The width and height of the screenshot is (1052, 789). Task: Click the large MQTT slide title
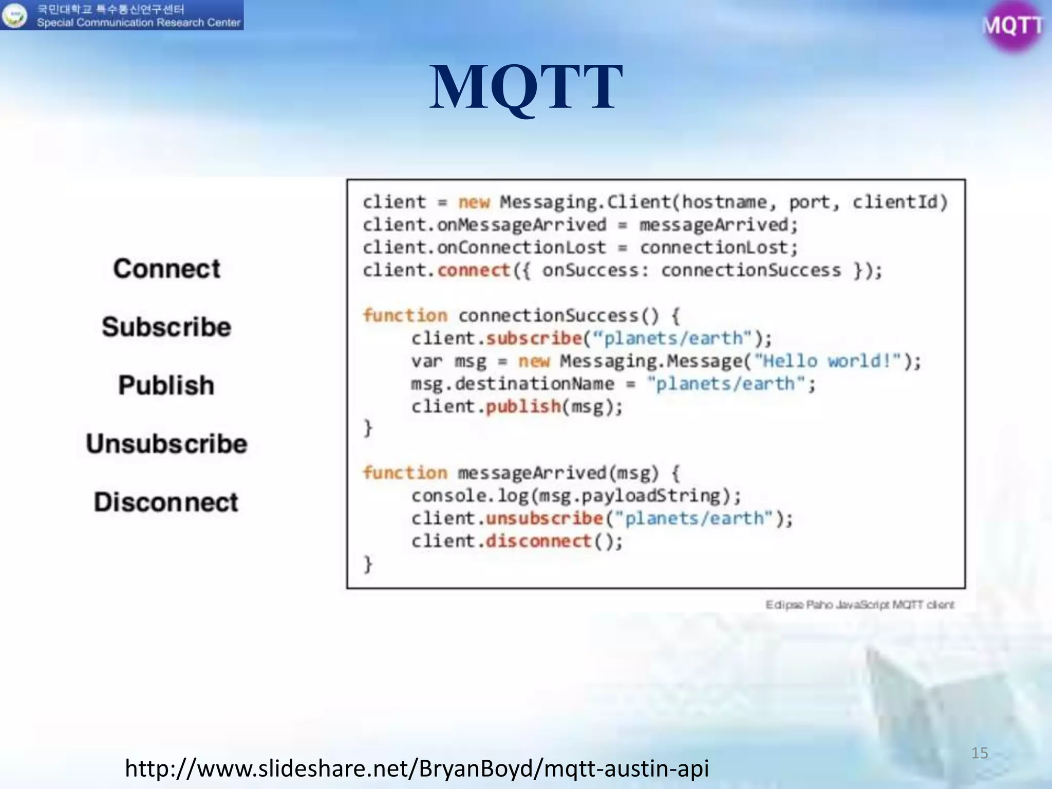526,87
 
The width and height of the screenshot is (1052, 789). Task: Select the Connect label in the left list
167,269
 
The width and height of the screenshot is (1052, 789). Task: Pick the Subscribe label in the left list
166,327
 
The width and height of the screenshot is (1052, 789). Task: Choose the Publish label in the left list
166,385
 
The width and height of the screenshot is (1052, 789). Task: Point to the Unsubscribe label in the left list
166,444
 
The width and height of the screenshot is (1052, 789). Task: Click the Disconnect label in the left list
166,502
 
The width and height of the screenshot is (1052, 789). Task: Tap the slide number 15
980,753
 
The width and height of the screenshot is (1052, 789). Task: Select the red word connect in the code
474,270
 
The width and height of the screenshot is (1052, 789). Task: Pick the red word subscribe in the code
534,339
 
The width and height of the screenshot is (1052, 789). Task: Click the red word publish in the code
523,407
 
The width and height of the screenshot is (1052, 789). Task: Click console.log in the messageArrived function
469,496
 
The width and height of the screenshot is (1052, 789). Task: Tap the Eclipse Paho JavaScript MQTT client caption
859,605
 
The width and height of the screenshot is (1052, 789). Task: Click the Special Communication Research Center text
139,23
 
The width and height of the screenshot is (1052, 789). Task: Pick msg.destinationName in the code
512,384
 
